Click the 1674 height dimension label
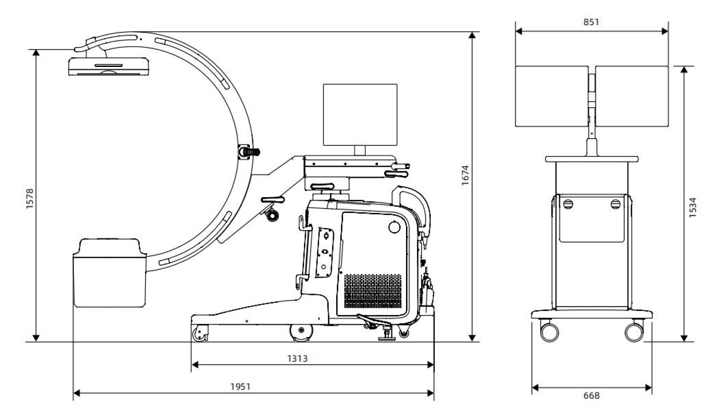pos(465,175)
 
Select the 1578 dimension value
pos(30,198)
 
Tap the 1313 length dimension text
pos(297,359)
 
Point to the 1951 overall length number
pos(240,387)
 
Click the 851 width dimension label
pos(591,22)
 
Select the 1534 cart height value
pos(693,207)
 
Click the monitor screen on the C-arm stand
pos(360,115)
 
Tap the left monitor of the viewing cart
pos(551,96)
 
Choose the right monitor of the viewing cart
pos(632,96)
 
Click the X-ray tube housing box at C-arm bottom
pos(110,273)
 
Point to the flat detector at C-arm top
pos(109,66)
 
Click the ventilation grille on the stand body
pos(373,291)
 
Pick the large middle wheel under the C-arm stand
pos(301,332)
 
